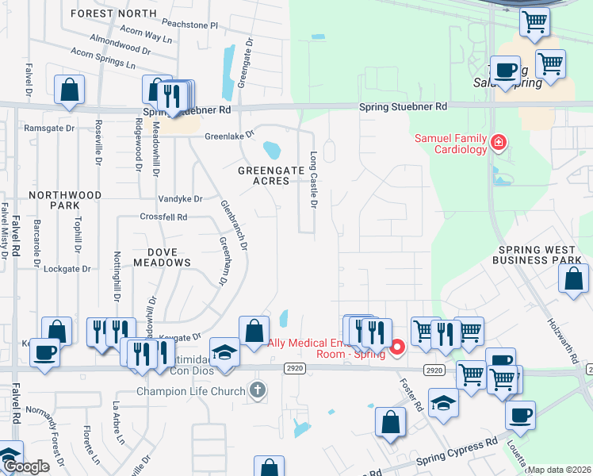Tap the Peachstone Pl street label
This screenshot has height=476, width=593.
191,25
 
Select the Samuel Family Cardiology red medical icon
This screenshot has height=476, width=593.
499,144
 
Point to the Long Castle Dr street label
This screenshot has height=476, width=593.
313,180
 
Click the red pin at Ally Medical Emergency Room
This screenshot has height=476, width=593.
397,347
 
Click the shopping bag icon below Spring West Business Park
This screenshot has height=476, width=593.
573,280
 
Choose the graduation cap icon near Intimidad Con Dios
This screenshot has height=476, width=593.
224,351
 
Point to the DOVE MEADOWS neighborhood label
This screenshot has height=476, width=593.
162,256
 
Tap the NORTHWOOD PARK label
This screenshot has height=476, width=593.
65,200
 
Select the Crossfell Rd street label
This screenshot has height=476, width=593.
163,217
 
